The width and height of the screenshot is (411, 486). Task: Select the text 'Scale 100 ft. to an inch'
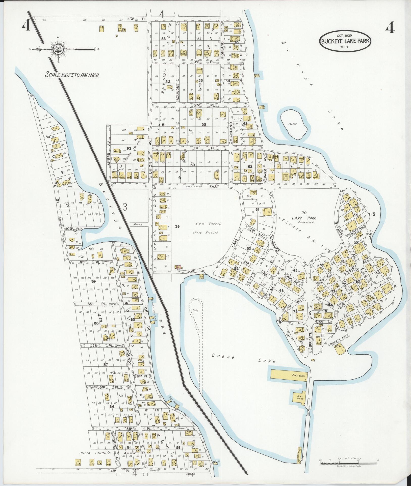[x=71, y=75]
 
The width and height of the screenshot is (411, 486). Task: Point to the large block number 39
[x=177, y=226]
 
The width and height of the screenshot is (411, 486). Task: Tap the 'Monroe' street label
[x=138, y=224]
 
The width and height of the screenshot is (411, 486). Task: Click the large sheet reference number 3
[x=124, y=207]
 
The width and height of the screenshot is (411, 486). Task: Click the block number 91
[x=63, y=173]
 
